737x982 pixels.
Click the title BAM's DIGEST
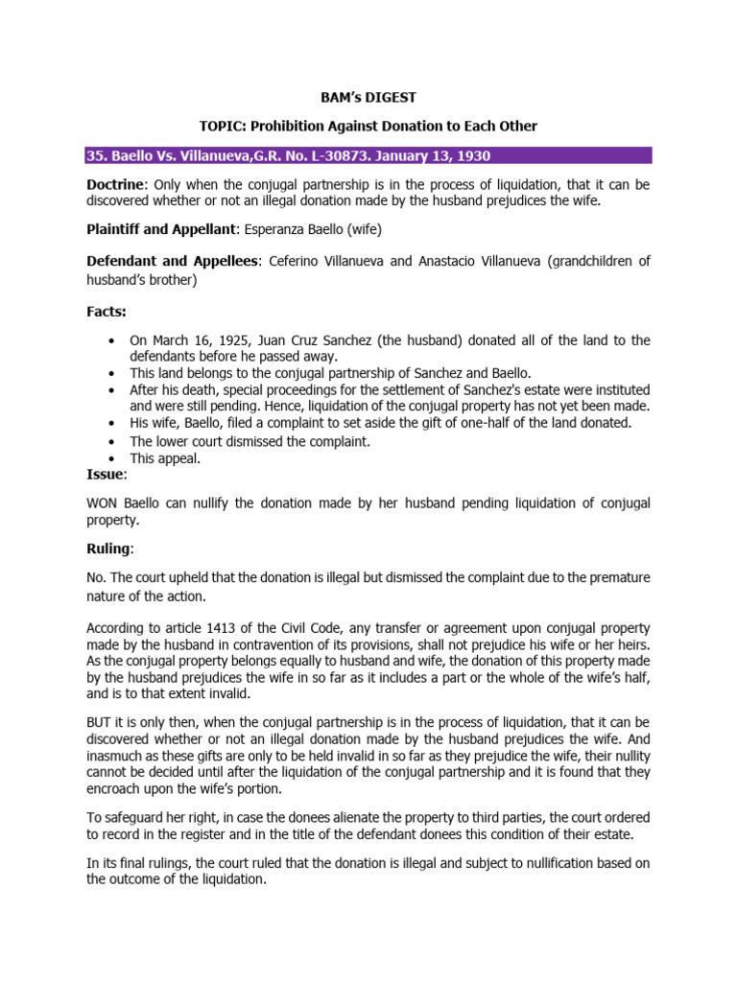click(368, 98)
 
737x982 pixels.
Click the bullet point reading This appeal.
click(165, 458)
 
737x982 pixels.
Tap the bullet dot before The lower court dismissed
click(113, 441)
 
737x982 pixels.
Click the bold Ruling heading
click(109, 549)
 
